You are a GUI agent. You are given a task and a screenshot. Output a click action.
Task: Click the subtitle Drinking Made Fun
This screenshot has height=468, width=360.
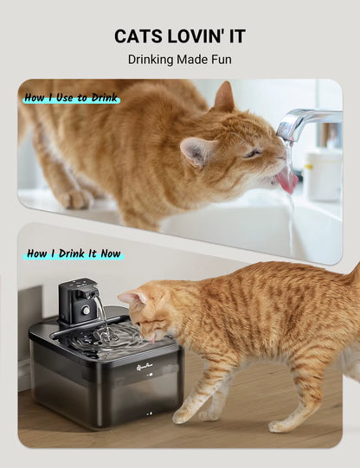click(x=180, y=60)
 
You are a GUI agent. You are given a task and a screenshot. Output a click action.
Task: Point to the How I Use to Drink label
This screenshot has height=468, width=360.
click(x=71, y=98)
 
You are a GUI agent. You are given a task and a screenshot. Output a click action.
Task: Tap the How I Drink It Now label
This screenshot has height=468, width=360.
click(x=74, y=253)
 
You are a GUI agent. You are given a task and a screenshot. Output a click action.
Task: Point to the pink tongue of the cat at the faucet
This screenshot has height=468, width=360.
click(x=286, y=181)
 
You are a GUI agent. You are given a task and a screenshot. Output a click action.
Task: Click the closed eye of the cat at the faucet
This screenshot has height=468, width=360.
click(x=252, y=153)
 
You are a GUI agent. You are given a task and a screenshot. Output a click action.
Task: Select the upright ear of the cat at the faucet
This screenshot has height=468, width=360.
click(x=224, y=96)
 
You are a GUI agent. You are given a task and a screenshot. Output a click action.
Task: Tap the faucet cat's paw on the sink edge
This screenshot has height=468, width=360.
click(x=76, y=199)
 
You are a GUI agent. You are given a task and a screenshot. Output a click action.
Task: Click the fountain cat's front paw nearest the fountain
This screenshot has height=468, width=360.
click(x=183, y=415)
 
